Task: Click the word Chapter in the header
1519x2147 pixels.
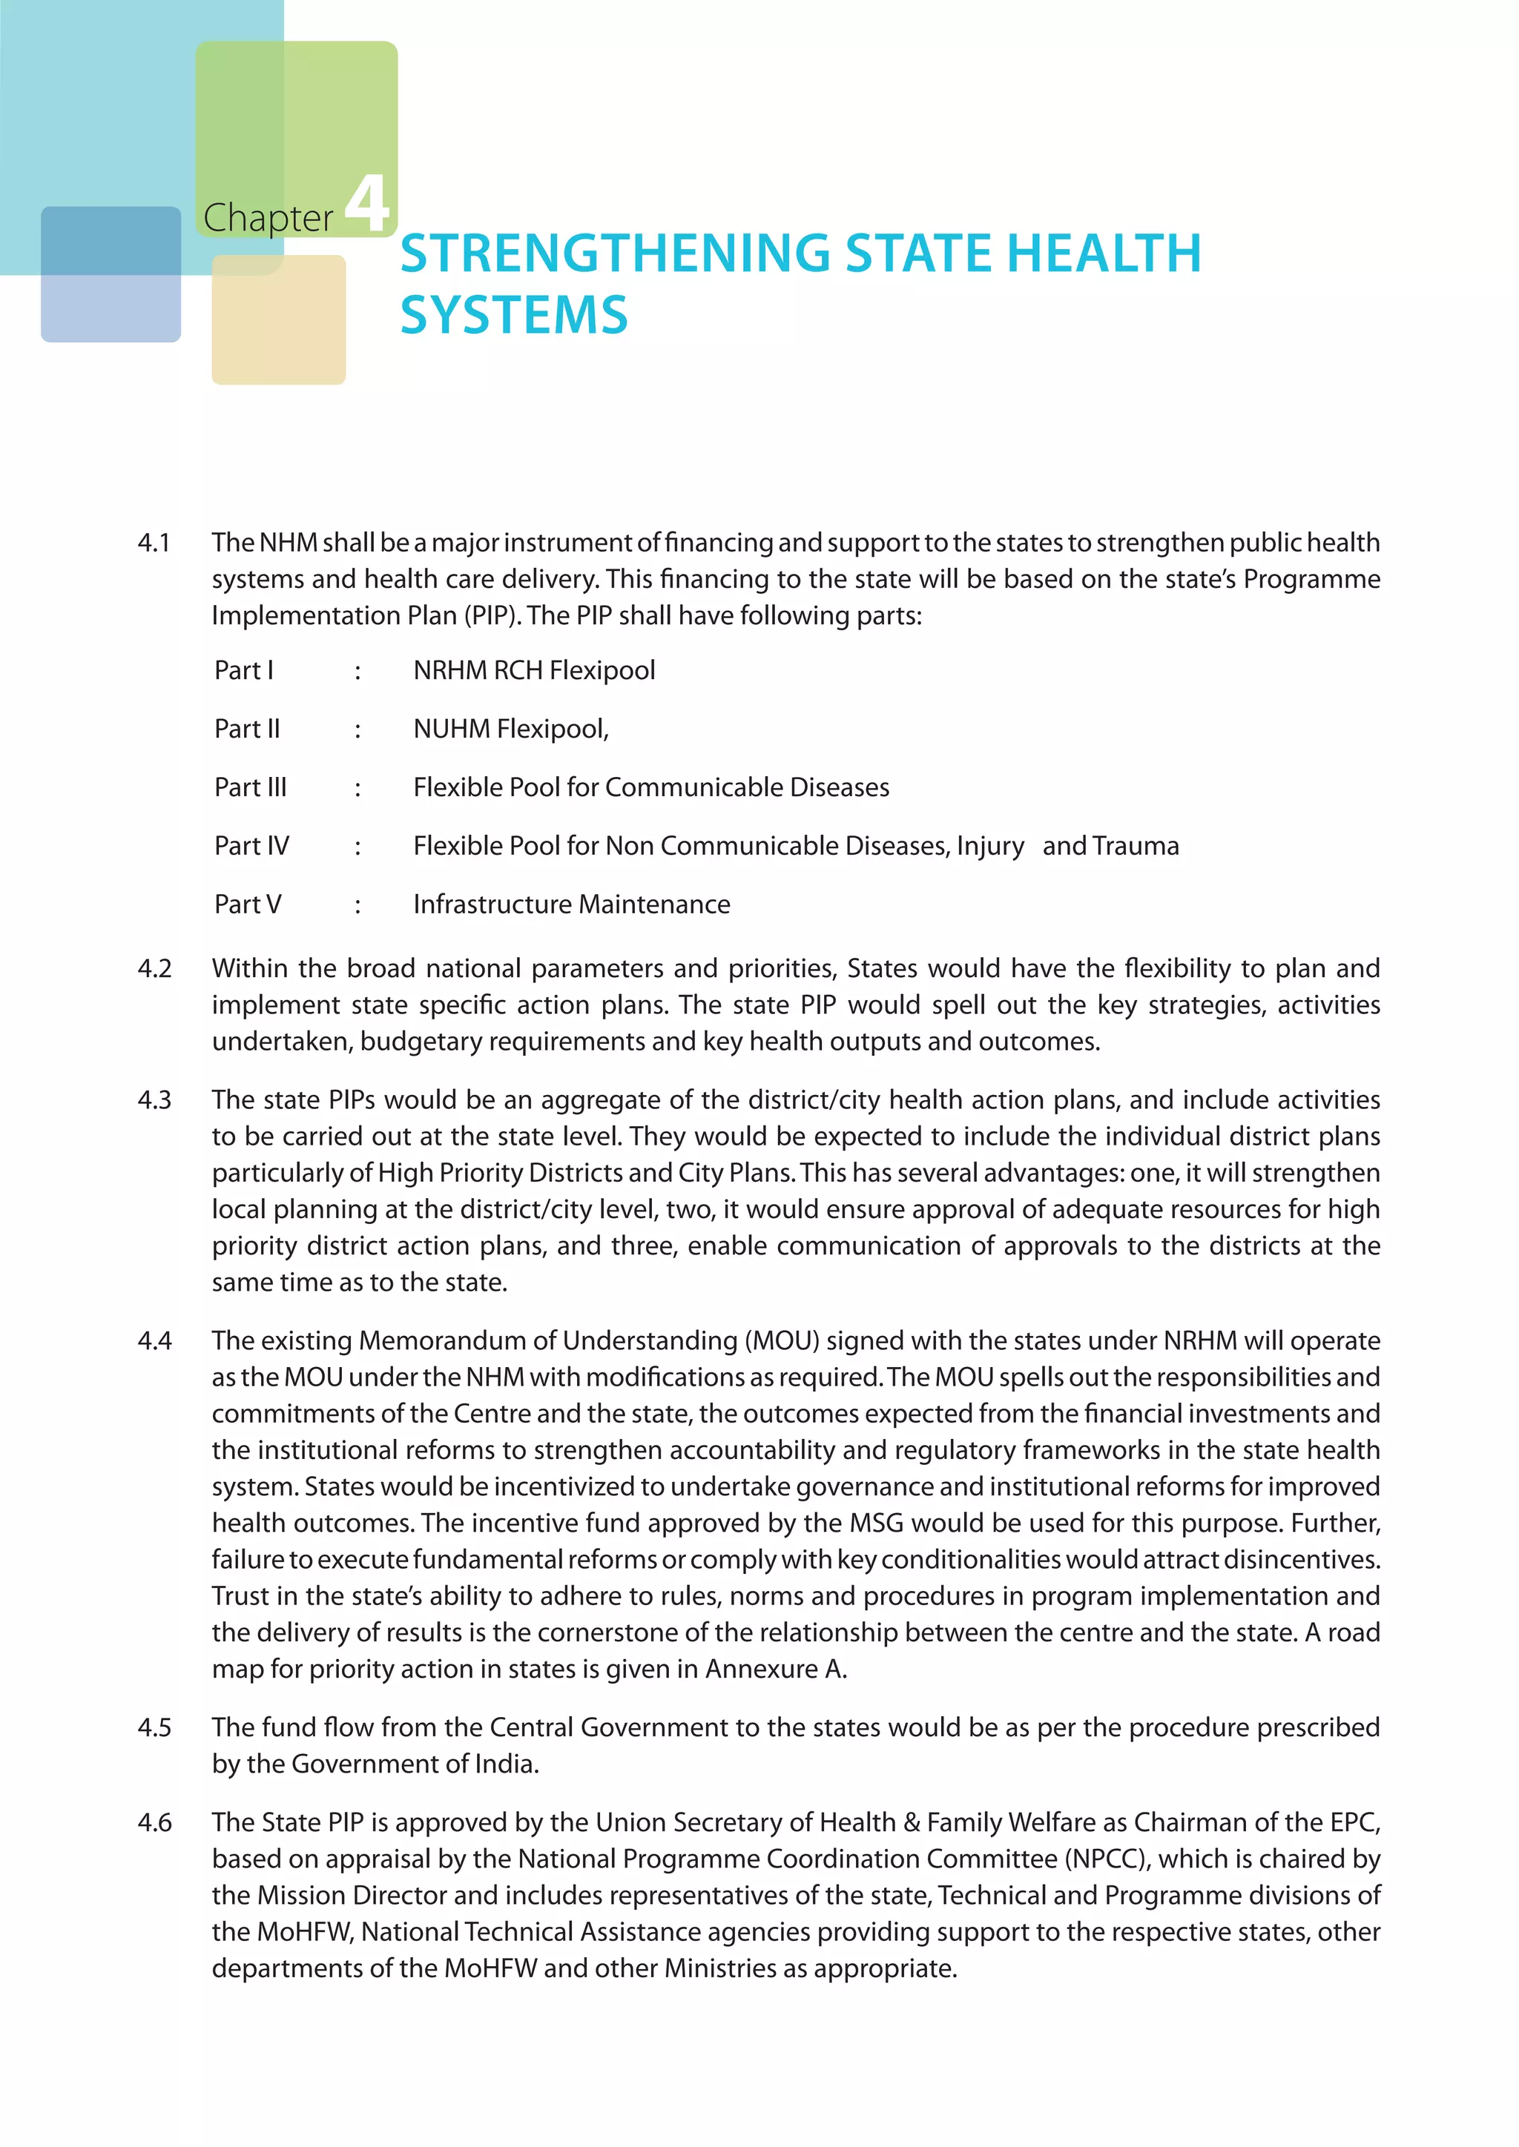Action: (x=268, y=218)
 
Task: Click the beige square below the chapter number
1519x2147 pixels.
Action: (x=278, y=320)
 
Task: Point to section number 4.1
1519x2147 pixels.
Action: (x=154, y=543)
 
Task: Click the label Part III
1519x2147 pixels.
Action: (x=250, y=787)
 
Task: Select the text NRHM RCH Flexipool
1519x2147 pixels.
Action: (x=533, y=670)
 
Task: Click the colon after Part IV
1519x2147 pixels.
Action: (x=357, y=846)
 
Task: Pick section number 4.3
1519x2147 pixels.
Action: (x=154, y=1099)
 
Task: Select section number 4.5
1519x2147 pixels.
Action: (x=154, y=1727)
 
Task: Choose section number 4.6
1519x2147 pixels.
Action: (x=154, y=1822)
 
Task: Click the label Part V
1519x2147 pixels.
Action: (x=247, y=904)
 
